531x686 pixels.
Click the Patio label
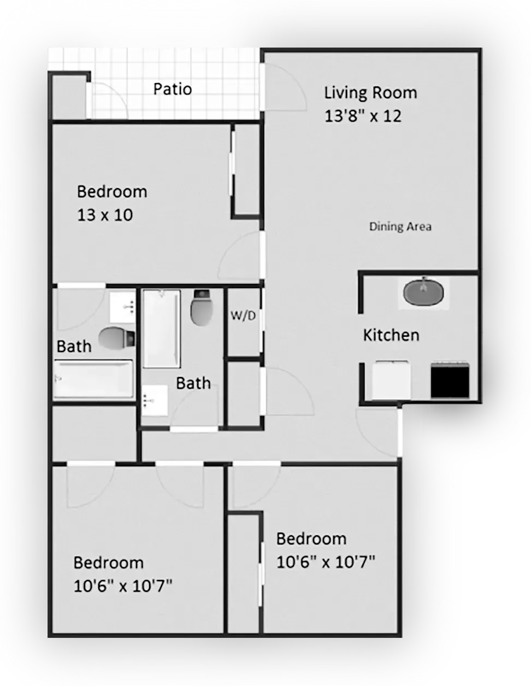point(173,89)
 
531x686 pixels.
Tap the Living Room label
point(370,92)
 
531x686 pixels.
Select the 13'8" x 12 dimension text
point(363,116)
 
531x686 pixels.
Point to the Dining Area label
point(400,226)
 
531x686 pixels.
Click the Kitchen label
point(391,335)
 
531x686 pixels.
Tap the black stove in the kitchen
point(450,380)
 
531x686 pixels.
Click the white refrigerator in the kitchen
point(391,380)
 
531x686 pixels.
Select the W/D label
point(243,316)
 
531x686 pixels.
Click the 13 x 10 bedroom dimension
point(105,215)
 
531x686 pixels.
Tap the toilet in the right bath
point(201,307)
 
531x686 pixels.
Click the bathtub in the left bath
point(94,378)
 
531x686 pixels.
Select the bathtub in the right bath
point(161,329)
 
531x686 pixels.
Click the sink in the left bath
point(122,307)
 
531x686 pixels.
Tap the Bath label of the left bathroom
point(74,346)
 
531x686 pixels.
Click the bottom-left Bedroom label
point(109,562)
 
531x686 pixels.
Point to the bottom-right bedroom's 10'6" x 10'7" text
point(326,562)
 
